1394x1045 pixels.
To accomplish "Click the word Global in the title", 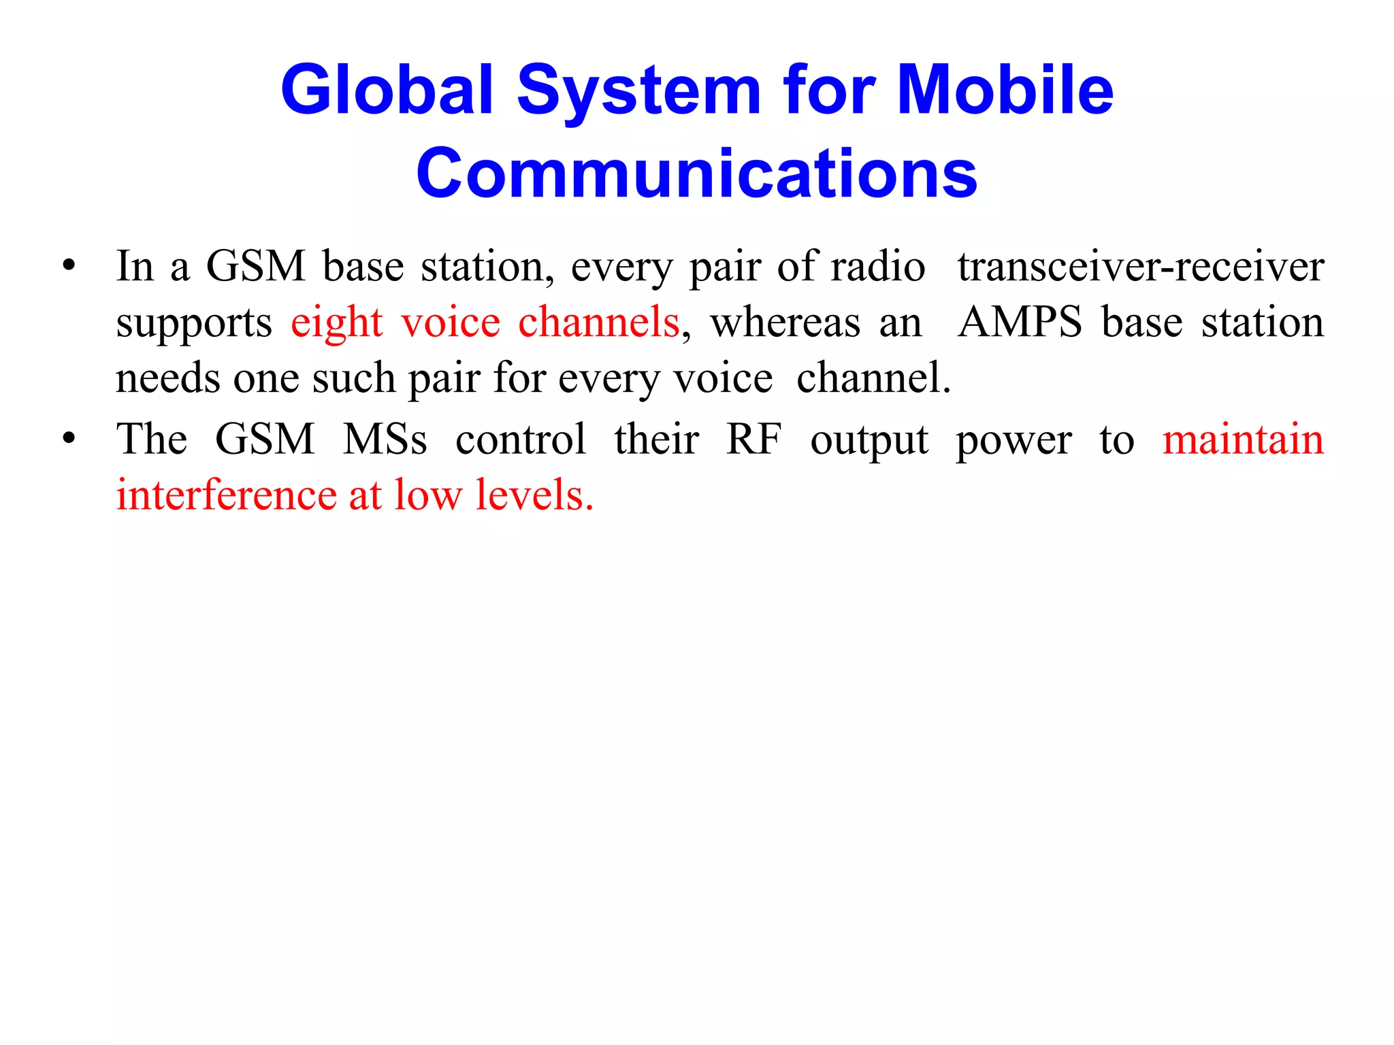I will click(x=387, y=90).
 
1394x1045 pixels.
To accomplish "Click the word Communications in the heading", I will click(x=697, y=173).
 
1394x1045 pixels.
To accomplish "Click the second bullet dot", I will click(x=68, y=439).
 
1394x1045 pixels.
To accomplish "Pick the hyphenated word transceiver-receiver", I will click(x=1141, y=266).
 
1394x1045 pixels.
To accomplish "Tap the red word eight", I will click(x=336, y=323).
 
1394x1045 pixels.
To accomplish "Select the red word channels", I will click(x=598, y=322).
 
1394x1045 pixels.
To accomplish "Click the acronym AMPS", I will click(x=1020, y=322).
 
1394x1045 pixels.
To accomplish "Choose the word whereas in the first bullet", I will click(x=785, y=322).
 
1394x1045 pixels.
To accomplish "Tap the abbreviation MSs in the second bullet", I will click(x=385, y=439).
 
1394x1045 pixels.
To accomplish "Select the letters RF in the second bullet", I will click(x=753, y=439).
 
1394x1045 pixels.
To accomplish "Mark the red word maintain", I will click(x=1243, y=439).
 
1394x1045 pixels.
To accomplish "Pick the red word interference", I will click(x=226, y=495).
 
